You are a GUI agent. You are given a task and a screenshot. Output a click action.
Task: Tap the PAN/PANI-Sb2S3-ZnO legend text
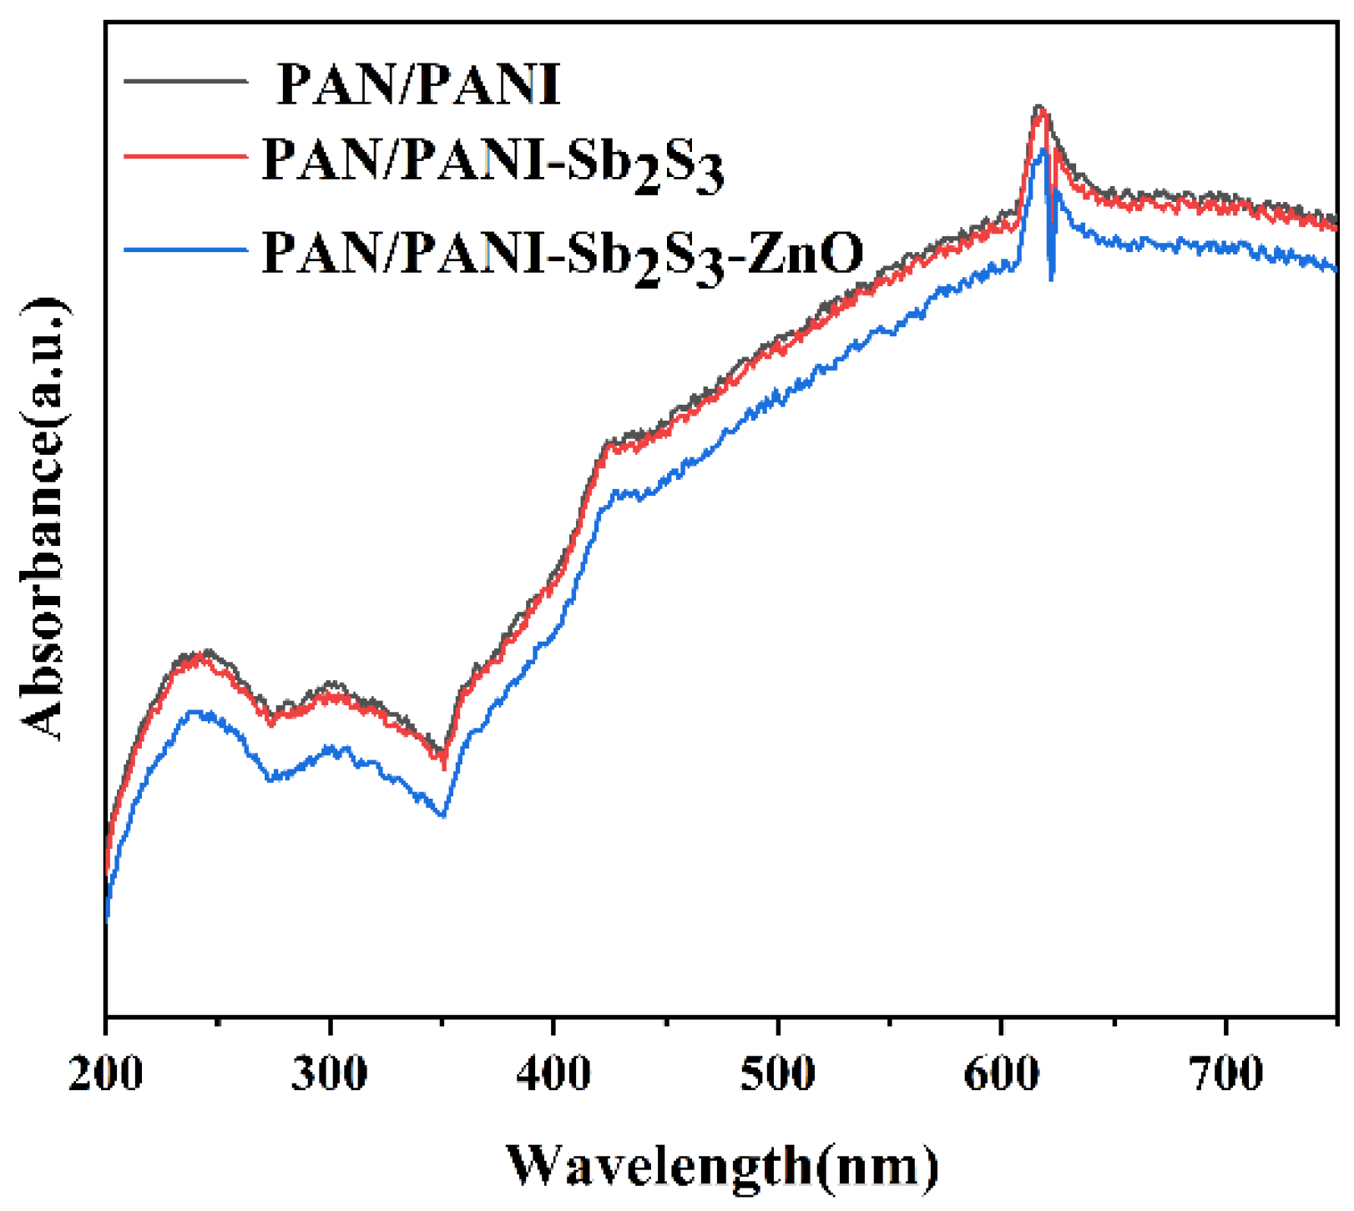562,253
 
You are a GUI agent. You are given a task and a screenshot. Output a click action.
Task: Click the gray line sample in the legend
185,81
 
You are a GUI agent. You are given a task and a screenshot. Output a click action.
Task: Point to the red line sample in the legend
185,156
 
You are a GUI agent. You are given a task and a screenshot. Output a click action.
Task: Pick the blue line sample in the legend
185,249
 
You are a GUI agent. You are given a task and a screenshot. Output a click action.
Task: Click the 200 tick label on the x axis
106,1073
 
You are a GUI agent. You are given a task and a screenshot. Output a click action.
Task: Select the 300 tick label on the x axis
330,1073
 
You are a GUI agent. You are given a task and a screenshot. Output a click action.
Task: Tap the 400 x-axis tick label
553,1073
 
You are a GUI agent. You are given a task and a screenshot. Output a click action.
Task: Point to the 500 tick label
777,1073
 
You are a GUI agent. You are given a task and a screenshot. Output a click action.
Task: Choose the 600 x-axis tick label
1001,1073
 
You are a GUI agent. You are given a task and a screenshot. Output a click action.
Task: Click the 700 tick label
1225,1073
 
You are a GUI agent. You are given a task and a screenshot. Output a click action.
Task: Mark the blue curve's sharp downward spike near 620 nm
1051,277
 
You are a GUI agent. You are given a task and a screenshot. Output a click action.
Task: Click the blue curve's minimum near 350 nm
442,815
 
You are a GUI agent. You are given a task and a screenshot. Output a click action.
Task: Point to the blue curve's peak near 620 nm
1043,150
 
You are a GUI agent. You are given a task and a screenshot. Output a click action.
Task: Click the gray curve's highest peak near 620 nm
1038,107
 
